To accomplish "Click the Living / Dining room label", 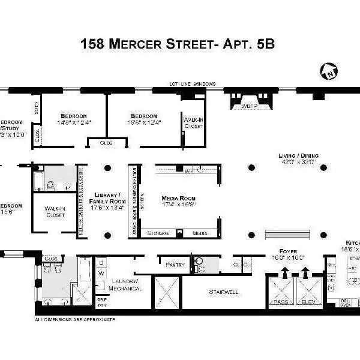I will (x=298, y=155).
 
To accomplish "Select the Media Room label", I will (x=178, y=198).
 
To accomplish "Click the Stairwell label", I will (x=224, y=292).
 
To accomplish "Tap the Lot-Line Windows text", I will (x=192, y=84).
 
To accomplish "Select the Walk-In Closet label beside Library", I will (x=55, y=211).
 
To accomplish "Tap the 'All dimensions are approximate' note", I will (x=74, y=319).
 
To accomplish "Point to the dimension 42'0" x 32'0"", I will (x=298, y=162).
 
